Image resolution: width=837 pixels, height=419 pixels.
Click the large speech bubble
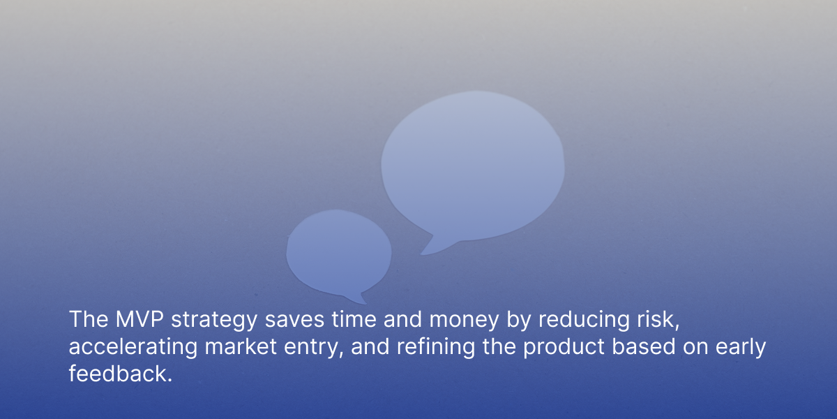[473, 168]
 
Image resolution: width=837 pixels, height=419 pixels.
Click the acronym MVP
[139, 319]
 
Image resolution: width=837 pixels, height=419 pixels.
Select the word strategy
[214, 321]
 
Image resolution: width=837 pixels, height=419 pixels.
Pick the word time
[354, 320]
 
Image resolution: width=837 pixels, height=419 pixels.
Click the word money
[464, 321]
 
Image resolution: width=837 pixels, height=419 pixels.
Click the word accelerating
[133, 347]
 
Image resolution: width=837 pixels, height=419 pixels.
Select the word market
[241, 346]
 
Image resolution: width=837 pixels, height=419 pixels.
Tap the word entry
[313, 348]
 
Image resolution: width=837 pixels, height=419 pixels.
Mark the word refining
[436, 347]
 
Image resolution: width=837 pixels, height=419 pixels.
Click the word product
[564, 347]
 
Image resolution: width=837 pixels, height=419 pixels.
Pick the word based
[643, 346]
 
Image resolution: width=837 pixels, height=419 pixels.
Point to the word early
[741, 348]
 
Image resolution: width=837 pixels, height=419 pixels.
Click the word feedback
[117, 374]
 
